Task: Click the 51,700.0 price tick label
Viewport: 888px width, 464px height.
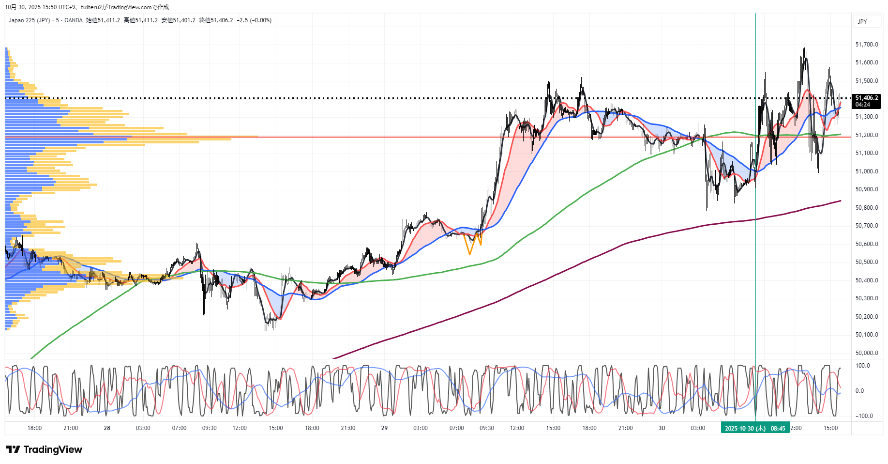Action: pos(866,45)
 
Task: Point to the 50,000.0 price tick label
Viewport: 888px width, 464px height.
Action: pos(866,353)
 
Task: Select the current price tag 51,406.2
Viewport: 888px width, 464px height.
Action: pos(866,98)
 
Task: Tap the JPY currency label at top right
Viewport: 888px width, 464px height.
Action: pos(862,21)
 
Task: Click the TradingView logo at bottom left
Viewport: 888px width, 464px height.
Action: pos(44,449)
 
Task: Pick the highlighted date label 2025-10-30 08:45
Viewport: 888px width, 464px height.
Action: pos(755,428)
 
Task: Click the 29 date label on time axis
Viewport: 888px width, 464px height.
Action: pos(384,428)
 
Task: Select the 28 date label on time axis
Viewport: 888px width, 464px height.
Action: pos(107,428)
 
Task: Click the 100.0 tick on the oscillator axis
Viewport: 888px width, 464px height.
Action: pos(863,366)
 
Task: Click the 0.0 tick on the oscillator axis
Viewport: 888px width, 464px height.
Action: pos(859,391)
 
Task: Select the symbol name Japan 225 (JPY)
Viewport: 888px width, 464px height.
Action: pos(29,20)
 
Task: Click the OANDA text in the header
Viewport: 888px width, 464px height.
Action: pos(74,20)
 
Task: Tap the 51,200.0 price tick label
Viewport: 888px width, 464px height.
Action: pos(866,135)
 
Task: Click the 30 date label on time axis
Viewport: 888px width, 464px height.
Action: pos(662,428)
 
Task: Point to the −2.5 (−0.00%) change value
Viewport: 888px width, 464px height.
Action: pos(254,20)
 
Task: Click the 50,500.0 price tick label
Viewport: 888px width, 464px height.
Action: pos(866,262)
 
